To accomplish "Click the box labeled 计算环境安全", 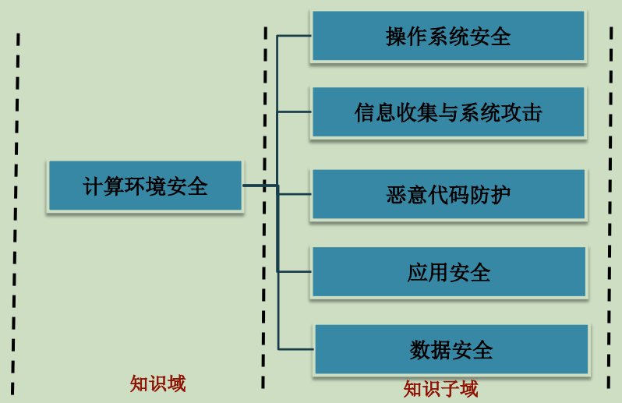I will tap(145, 186).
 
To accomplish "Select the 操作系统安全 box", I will tap(448, 36).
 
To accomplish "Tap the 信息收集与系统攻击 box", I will tap(448, 112).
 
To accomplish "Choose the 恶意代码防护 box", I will tap(448, 194).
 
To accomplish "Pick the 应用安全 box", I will tap(448, 272).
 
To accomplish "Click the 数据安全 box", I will tap(451, 350).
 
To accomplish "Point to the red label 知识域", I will tap(158, 384).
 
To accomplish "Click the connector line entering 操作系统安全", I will tap(295, 36).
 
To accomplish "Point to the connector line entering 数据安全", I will tap(296, 348).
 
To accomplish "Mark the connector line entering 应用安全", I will tap(295, 271).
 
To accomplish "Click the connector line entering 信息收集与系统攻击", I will tap(295, 112).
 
